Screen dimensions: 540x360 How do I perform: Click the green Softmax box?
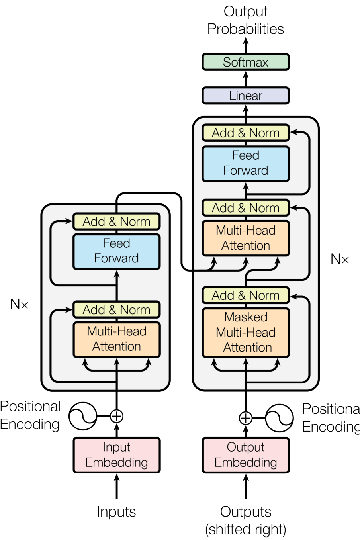coord(246,62)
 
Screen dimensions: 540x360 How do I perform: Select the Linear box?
coord(246,96)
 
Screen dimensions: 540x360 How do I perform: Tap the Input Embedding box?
coord(116,455)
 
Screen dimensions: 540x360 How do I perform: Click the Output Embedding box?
coord(246,455)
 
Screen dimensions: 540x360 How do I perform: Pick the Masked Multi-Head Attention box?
coord(246,332)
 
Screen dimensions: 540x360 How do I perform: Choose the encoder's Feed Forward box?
coord(116,251)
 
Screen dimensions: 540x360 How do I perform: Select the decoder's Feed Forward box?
coord(246,163)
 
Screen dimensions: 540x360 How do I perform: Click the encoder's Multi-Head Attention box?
coord(116,339)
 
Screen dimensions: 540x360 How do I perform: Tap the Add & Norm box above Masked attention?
coord(246,295)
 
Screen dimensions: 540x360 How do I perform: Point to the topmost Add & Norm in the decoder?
coord(246,133)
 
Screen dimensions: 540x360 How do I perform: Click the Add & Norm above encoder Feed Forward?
coord(116,221)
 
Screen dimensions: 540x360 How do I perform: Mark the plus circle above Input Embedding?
coord(116,416)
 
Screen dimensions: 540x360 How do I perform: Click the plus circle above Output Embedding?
coord(246,418)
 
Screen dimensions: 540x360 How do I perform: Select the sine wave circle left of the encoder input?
coord(83,416)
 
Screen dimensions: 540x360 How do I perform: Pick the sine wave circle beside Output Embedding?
coord(279,418)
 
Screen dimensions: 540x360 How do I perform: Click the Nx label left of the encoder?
coord(19,304)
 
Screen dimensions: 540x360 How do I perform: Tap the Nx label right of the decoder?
coord(340,259)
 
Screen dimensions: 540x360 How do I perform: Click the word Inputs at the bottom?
coord(116,512)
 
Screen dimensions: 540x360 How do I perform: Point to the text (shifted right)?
coord(246,530)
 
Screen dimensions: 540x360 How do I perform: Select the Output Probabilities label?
coord(246,20)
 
